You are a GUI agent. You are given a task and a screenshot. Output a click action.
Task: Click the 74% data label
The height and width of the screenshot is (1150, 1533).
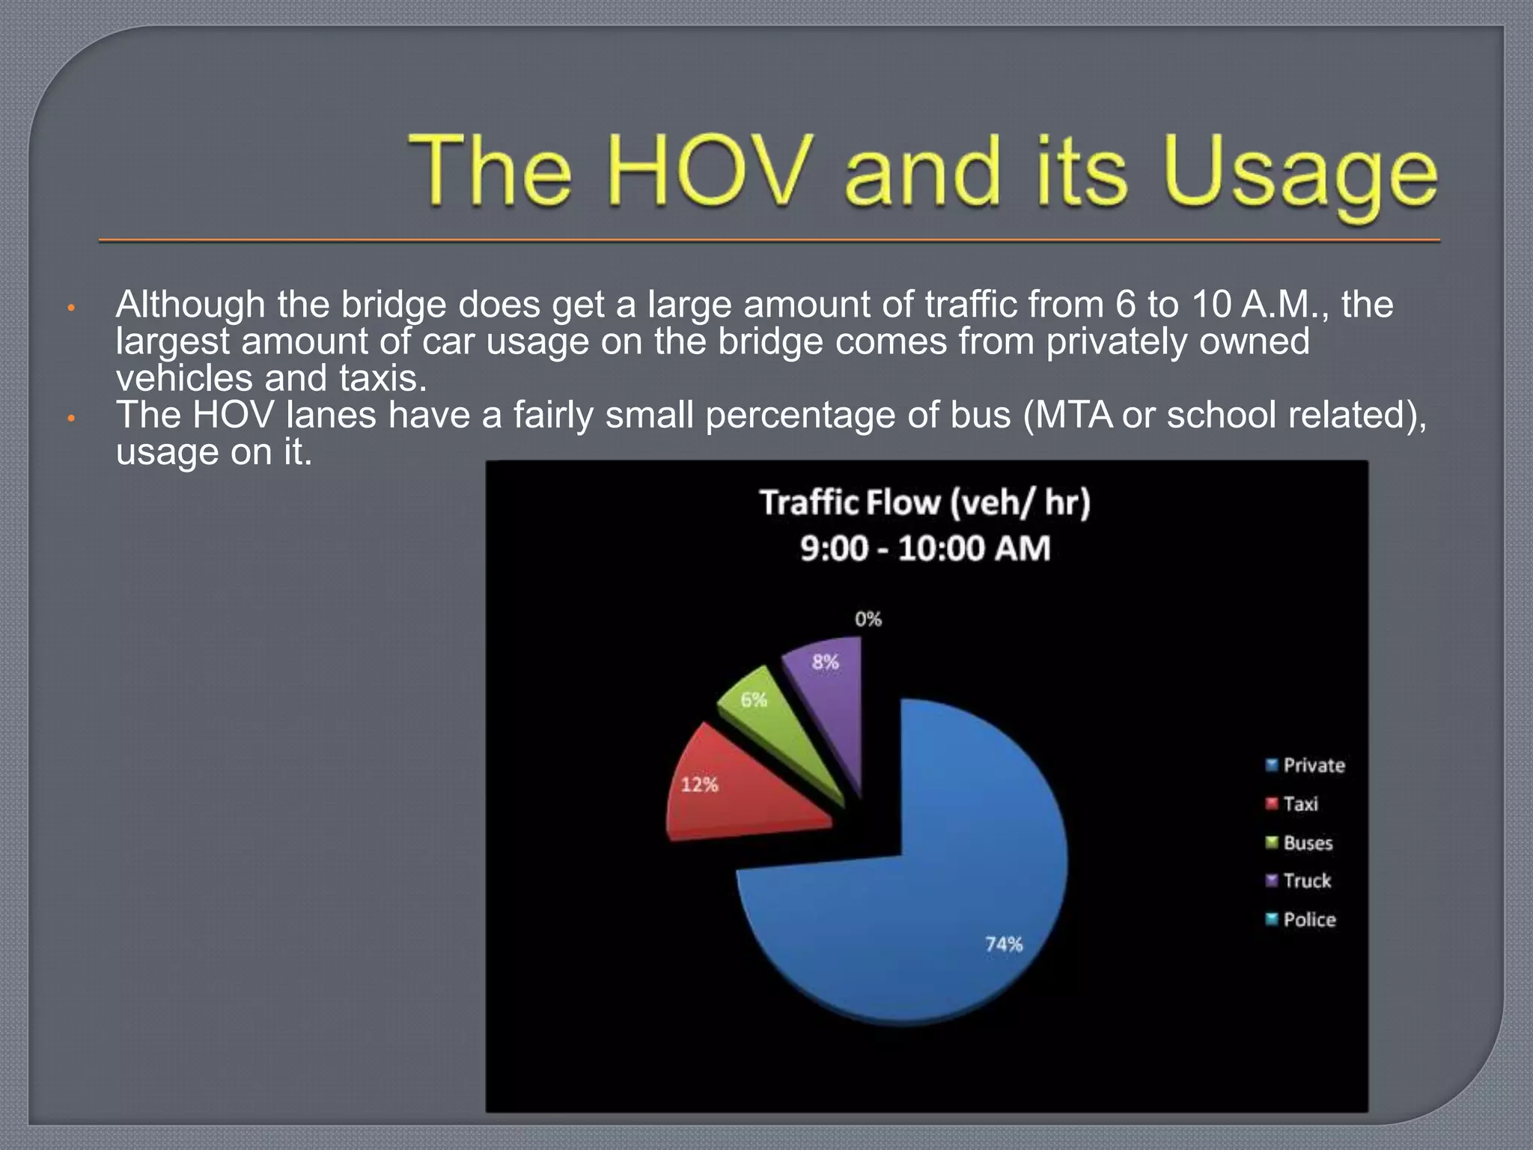(x=1004, y=944)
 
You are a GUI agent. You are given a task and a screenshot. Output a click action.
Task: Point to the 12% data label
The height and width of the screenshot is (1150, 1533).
(x=699, y=785)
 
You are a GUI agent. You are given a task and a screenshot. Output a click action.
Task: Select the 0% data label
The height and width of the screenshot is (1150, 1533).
(x=868, y=619)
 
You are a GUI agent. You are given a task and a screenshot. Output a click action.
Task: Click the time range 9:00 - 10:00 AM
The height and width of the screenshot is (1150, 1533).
(x=925, y=549)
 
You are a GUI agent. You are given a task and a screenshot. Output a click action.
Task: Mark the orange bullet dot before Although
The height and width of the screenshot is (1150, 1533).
(x=71, y=308)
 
